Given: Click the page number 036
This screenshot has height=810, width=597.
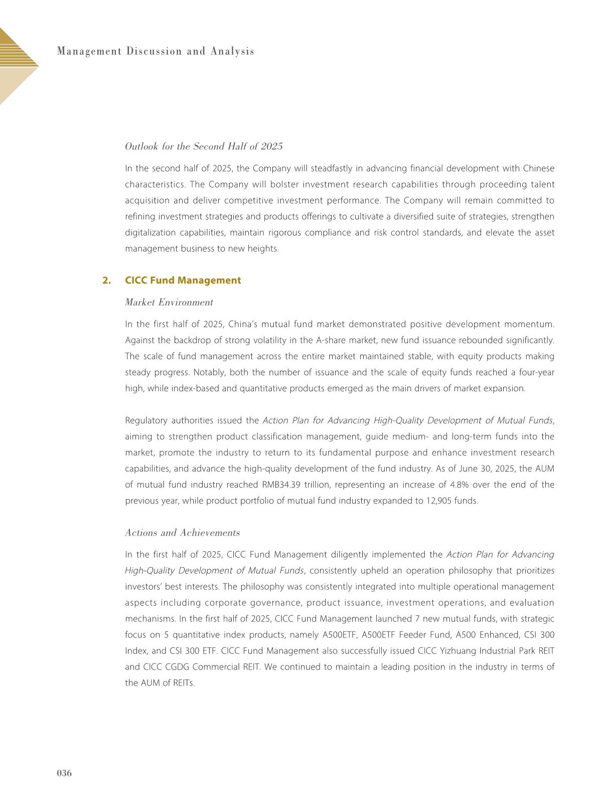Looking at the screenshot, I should pyautogui.click(x=64, y=773).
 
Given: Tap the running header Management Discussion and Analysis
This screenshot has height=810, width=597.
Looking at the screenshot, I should pyautogui.click(x=156, y=51).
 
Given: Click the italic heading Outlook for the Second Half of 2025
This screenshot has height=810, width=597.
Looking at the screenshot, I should pyautogui.click(x=204, y=146).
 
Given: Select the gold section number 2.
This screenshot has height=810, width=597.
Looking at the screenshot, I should pyautogui.click(x=106, y=280).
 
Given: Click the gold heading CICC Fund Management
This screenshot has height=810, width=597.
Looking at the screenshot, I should pyautogui.click(x=183, y=280).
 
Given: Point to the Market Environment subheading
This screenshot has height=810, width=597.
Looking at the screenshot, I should pyautogui.click(x=169, y=302).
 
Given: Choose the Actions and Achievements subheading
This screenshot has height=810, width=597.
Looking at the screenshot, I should pyautogui.click(x=182, y=533).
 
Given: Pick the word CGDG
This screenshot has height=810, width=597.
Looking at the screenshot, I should pyautogui.click(x=175, y=667).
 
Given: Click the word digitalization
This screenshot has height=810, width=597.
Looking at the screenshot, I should pyautogui.click(x=149, y=233).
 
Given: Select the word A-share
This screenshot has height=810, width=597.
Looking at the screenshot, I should pyautogui.click(x=331, y=341).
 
